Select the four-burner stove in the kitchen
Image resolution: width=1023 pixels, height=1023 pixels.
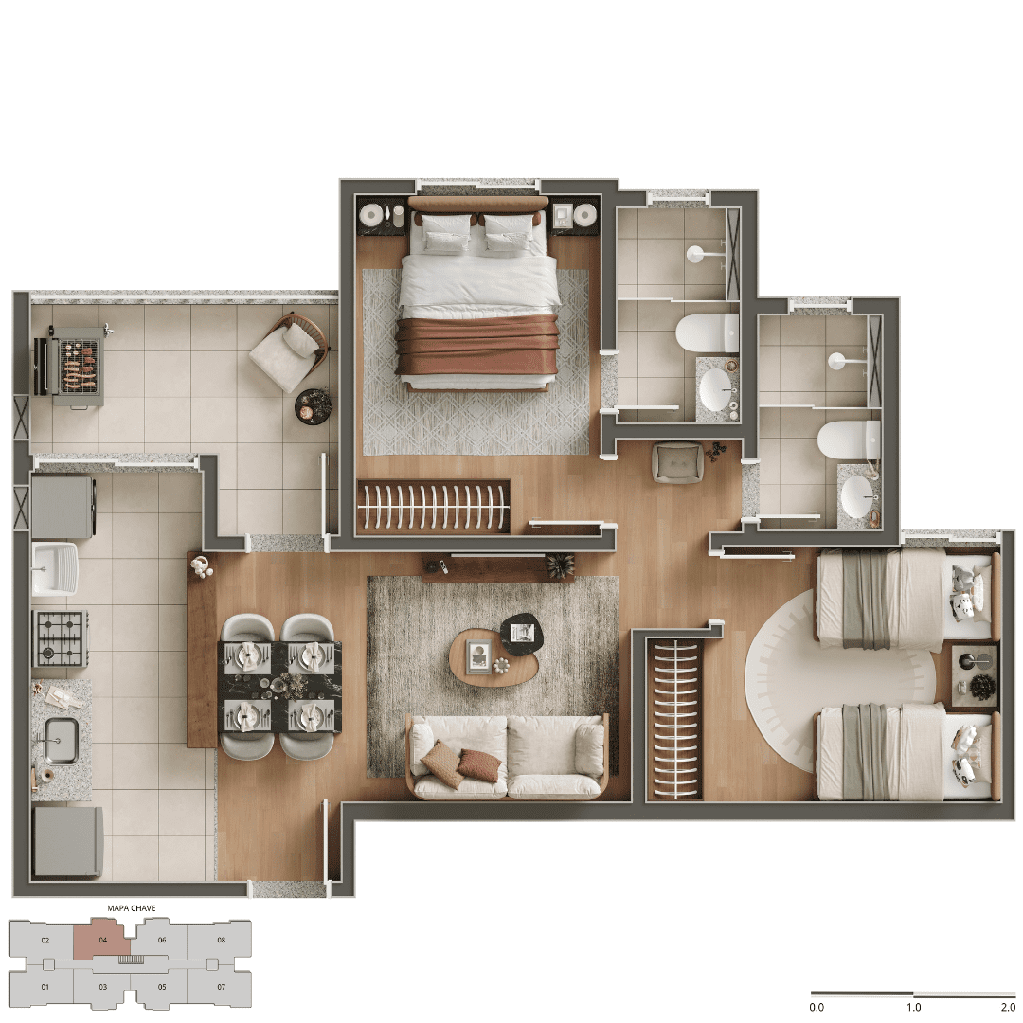[x=60, y=638]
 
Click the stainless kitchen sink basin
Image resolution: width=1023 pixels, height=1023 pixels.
[x=61, y=741]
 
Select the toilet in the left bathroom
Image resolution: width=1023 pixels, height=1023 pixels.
[x=707, y=332]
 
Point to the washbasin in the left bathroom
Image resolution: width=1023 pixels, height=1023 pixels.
[x=716, y=389]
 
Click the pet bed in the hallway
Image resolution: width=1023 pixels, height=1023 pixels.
[x=678, y=462]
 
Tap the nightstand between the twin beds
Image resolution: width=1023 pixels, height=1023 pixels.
[x=974, y=676]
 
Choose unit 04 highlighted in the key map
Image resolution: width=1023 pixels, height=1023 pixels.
[x=101, y=940]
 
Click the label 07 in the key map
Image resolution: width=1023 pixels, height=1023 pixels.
[x=221, y=987]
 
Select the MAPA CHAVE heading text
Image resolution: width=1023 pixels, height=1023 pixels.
[x=132, y=908]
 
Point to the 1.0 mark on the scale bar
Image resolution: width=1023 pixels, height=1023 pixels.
[x=913, y=1007]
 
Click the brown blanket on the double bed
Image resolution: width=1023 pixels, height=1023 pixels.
[x=476, y=346]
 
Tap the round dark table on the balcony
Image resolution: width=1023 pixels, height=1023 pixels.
[x=314, y=406]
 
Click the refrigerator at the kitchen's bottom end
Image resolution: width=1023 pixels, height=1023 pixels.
[x=68, y=842]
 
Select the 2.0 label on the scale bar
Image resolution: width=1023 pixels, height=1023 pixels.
[x=1008, y=1007]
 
